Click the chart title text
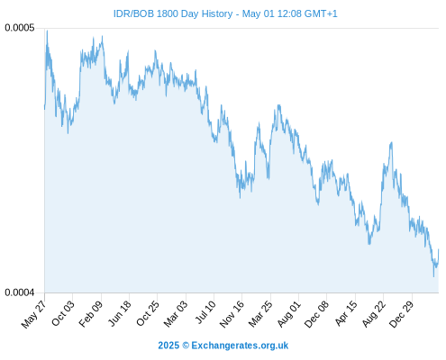[225, 13]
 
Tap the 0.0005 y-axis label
[20, 28]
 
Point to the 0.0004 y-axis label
[20, 292]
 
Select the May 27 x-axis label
[34, 313]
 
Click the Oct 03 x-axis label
[63, 313]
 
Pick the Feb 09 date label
[91, 313]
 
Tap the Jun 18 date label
[120, 313]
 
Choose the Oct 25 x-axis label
[148, 313]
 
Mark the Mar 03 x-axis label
[176, 313]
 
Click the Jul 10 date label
[206, 312]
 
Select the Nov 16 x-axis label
[232, 313]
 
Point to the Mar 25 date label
[260, 313]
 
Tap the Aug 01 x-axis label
[289, 313]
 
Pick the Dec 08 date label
[317, 313]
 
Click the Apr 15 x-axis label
[346, 313]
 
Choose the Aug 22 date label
[374, 313]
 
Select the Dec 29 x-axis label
[402, 313]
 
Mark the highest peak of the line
[47, 31]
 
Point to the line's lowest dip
[433, 276]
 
